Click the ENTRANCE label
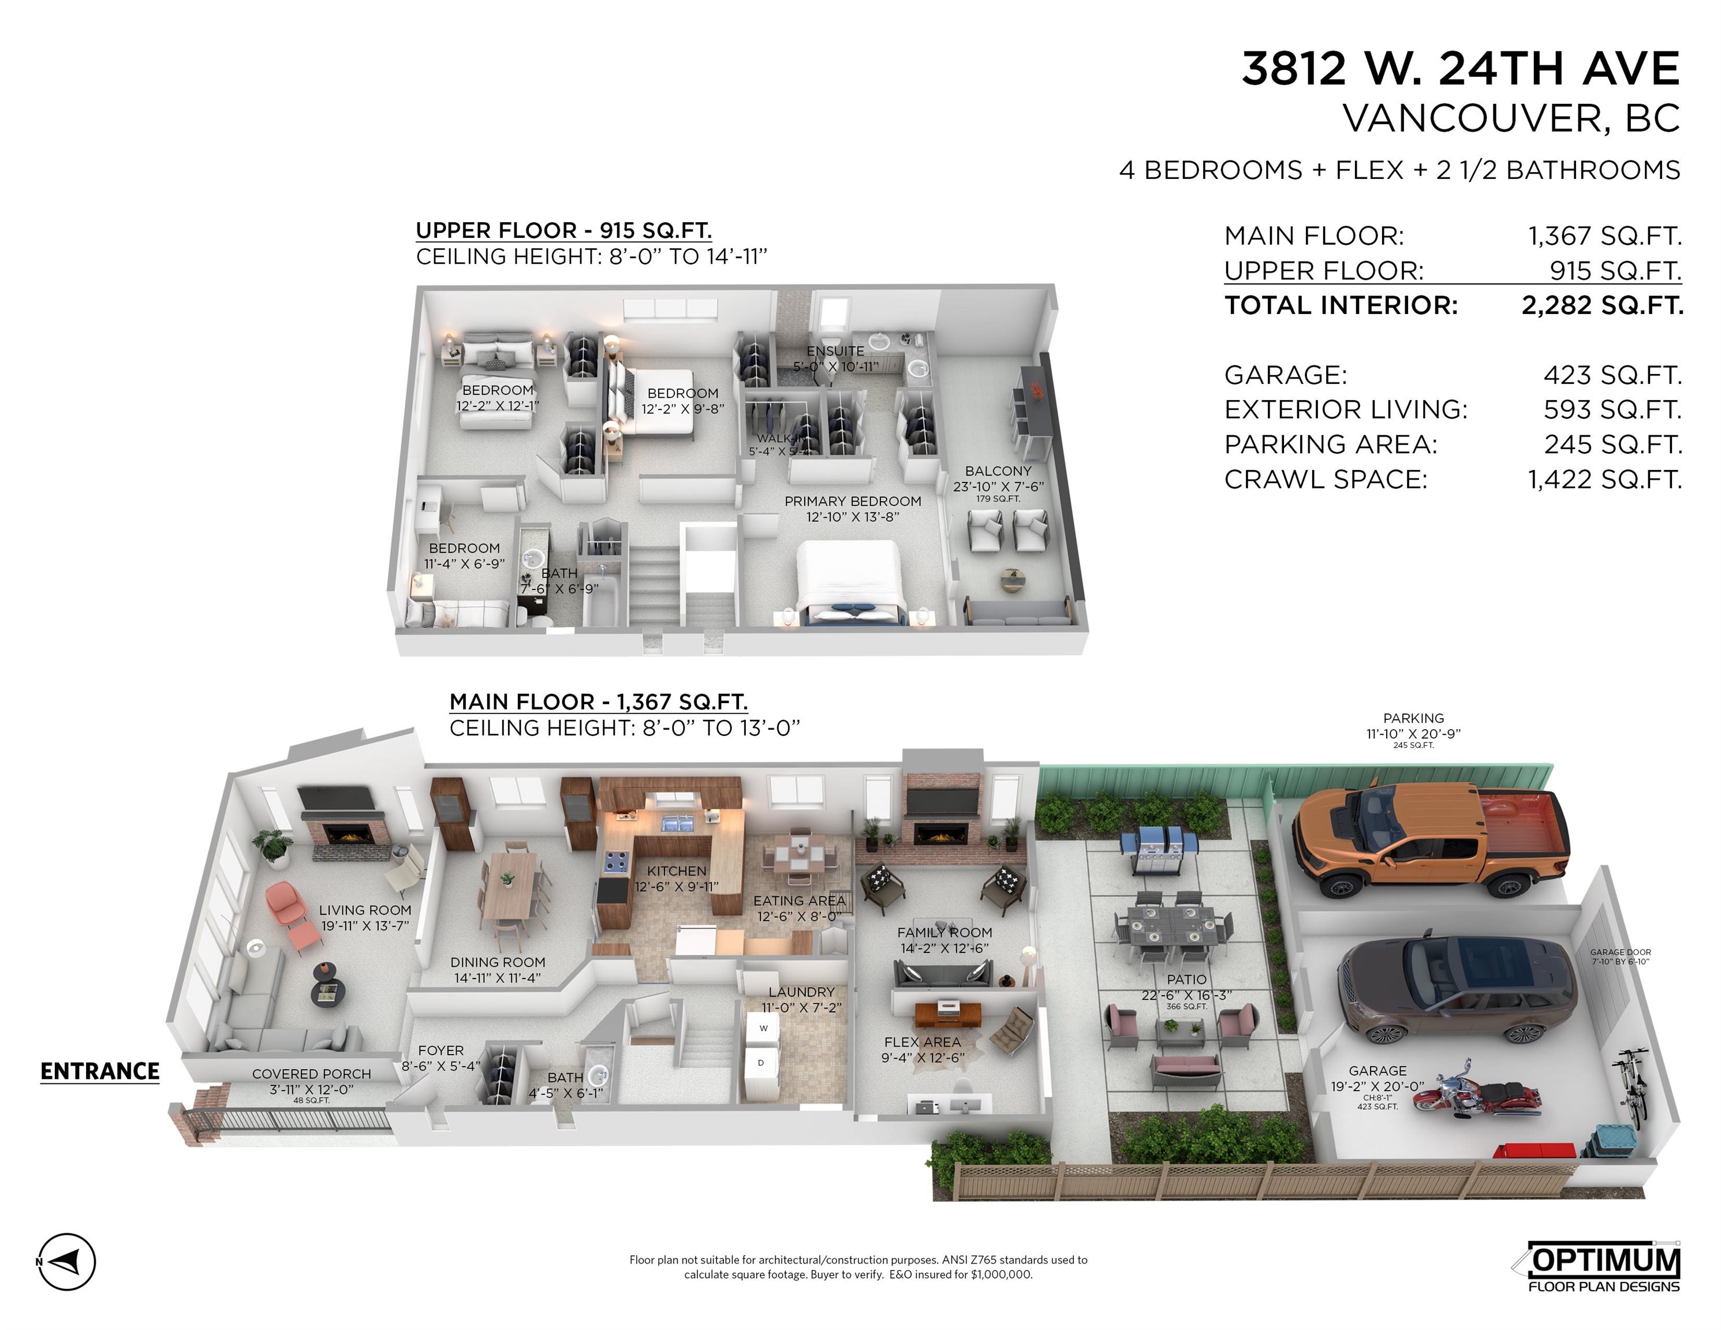coord(100,1071)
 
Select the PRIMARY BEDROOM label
coord(853,502)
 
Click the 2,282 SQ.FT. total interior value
coord(1601,306)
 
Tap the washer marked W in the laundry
coord(763,1028)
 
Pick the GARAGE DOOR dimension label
coord(1620,957)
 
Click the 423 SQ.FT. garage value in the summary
coord(1612,375)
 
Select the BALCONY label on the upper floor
coord(998,471)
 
